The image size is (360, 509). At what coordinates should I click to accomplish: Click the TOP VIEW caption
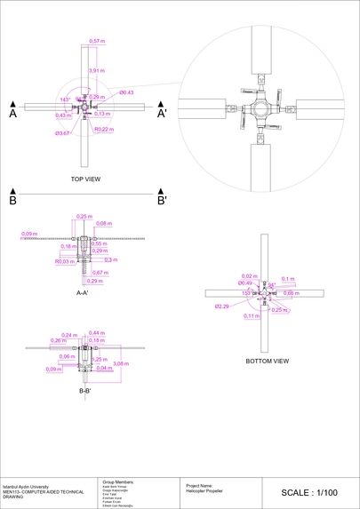tap(85, 179)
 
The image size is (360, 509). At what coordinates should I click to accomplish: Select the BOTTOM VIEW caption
tap(268, 362)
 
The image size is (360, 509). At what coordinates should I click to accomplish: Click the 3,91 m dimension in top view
tap(96, 70)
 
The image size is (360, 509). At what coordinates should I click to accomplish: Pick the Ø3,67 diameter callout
tap(62, 133)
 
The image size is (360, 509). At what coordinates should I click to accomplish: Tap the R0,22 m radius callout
tap(103, 130)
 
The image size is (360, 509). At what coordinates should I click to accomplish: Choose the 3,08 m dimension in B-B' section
tap(120, 362)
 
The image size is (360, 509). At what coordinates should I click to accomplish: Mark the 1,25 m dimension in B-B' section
tap(100, 359)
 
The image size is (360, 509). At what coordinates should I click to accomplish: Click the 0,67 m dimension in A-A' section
tap(100, 273)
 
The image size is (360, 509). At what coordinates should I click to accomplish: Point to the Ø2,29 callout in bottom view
tap(222, 306)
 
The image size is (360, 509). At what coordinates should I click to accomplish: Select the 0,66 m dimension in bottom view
tap(291, 292)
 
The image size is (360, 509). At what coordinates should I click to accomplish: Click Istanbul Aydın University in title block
tap(27, 487)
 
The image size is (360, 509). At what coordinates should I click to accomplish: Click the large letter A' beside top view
tap(162, 114)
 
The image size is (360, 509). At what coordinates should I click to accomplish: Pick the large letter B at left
tap(13, 201)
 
